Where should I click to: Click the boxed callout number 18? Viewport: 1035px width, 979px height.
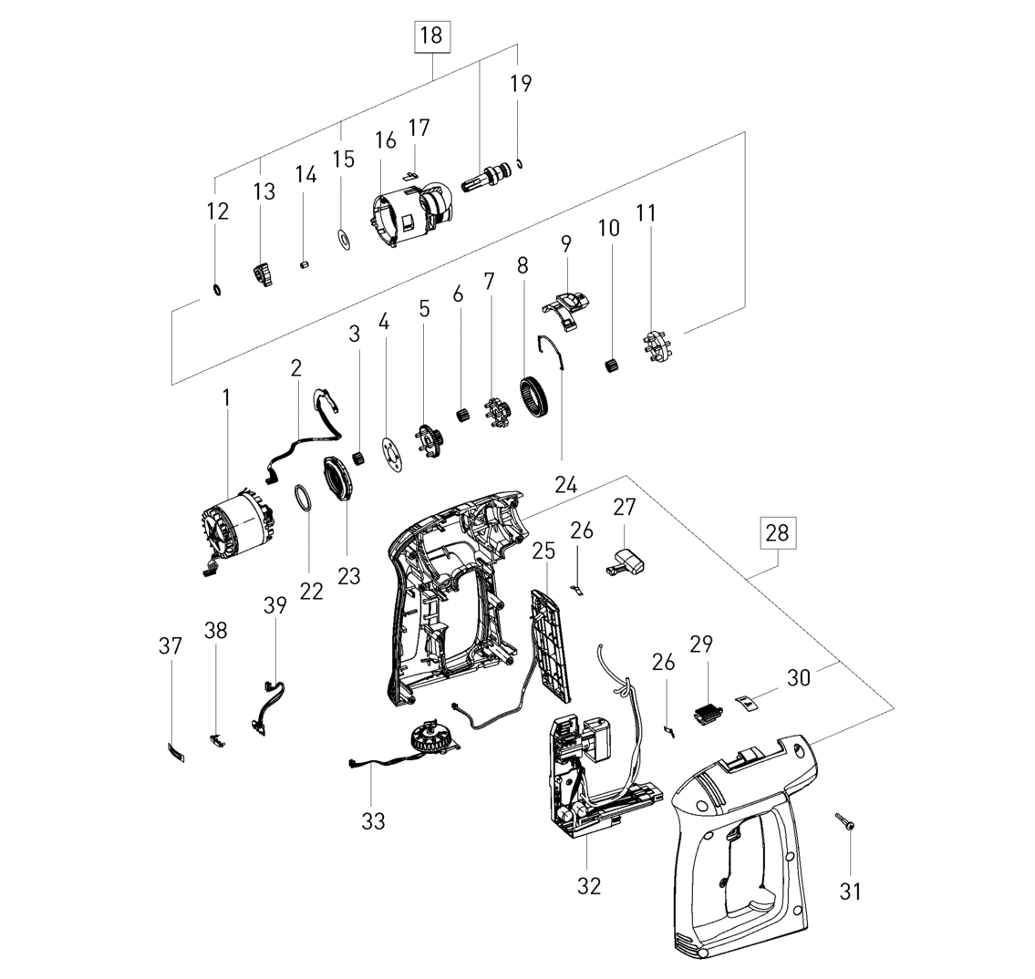(x=431, y=36)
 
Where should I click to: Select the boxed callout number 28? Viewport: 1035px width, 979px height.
(x=778, y=532)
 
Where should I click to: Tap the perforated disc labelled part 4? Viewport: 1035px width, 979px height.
(x=391, y=455)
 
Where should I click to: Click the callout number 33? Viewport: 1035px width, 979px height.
(x=373, y=821)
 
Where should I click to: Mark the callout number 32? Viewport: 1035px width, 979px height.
(x=589, y=886)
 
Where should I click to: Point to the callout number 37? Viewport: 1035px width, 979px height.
(x=171, y=645)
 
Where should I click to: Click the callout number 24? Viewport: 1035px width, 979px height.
(x=566, y=485)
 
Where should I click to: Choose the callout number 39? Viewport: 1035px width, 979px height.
(x=275, y=604)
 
